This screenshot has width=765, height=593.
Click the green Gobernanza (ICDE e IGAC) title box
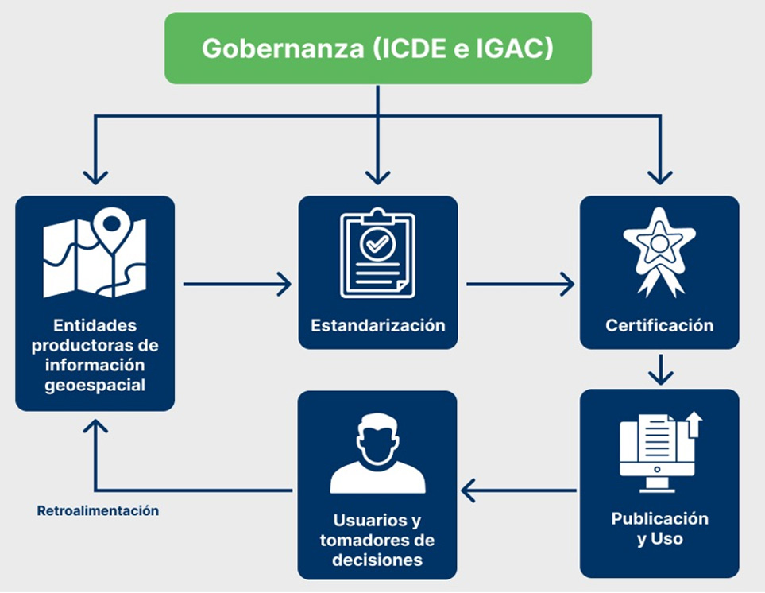(x=377, y=48)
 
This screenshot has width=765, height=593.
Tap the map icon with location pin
(x=95, y=252)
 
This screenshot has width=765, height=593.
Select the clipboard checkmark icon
(x=377, y=254)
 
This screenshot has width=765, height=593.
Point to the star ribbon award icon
(x=659, y=251)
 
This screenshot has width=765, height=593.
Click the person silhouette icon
(x=377, y=454)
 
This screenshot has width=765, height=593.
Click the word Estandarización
(x=377, y=325)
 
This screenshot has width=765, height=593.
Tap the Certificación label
(x=659, y=325)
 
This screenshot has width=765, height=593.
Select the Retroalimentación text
(x=98, y=511)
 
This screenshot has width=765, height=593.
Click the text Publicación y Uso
(x=659, y=529)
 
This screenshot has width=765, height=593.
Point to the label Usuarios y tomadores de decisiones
(x=377, y=540)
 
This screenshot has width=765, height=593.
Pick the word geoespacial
(x=95, y=386)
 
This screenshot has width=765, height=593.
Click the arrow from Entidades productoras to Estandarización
(x=237, y=284)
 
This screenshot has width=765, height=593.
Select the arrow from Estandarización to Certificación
(x=520, y=284)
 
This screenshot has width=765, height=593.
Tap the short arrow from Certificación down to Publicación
(x=659, y=369)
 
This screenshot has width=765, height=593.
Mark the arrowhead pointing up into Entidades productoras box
(x=95, y=426)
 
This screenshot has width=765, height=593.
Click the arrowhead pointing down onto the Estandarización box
(x=377, y=176)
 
